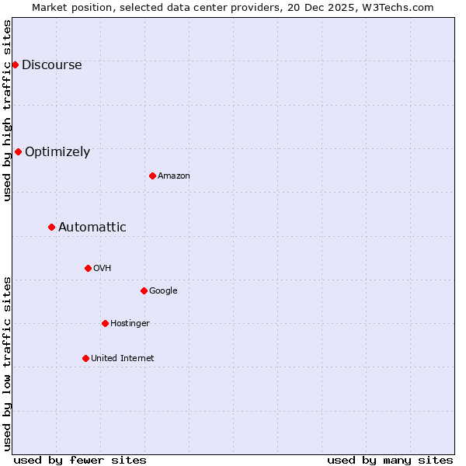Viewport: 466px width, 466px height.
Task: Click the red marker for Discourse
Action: tap(15, 64)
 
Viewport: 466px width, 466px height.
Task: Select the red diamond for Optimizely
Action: tap(18, 151)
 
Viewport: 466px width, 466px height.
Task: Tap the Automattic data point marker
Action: tap(51, 227)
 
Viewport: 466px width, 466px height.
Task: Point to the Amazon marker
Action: tap(152, 176)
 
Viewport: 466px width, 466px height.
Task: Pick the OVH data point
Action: tap(88, 268)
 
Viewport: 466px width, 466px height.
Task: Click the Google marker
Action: tap(144, 290)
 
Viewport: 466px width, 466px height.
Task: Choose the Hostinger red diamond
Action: tap(105, 323)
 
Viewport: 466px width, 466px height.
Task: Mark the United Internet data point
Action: tap(85, 358)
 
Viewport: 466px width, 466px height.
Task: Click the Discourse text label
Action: tap(51, 65)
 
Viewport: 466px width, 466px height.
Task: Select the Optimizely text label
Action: tap(57, 152)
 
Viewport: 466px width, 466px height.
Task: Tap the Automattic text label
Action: tap(92, 228)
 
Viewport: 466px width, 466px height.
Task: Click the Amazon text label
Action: tap(174, 176)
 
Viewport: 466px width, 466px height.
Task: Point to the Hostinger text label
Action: tap(130, 324)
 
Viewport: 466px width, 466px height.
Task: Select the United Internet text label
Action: tap(123, 359)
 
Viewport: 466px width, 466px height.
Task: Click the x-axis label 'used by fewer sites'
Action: tap(80, 460)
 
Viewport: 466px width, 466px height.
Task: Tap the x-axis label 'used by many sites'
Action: tap(390, 460)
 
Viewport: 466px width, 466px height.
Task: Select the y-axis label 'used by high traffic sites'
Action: tap(7, 111)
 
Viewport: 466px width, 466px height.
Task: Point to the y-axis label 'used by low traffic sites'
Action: tap(7, 363)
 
